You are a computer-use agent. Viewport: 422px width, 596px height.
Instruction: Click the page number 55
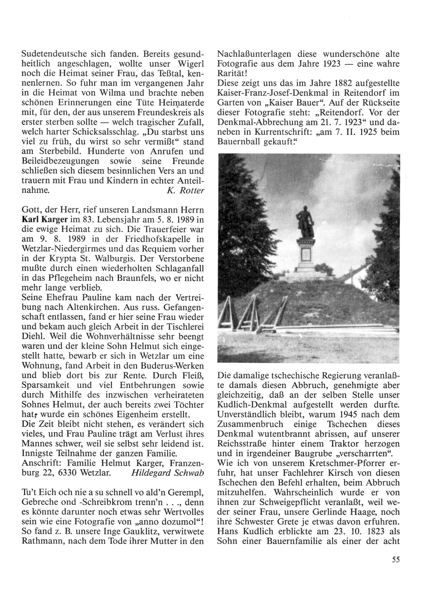[395, 560]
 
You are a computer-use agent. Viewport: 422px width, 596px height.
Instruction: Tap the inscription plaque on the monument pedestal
[305, 255]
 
